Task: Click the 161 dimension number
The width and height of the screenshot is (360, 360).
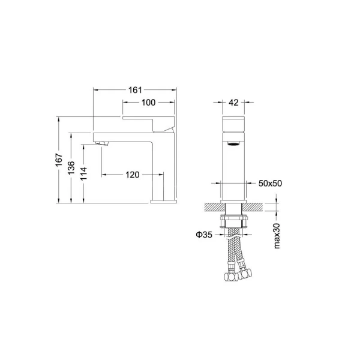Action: [135, 90]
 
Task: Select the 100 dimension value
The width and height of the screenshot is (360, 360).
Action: [148, 103]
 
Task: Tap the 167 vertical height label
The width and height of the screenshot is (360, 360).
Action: [59, 160]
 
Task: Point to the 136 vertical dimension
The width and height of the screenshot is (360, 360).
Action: [71, 167]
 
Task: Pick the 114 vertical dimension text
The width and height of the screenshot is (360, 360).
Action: [84, 173]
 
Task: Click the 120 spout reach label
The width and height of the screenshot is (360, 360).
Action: [133, 175]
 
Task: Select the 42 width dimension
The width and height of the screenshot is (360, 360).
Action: [233, 103]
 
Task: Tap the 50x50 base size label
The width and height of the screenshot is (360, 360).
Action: [270, 183]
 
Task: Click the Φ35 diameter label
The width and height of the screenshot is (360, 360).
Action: [204, 235]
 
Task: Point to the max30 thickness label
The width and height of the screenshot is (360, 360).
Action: [277, 236]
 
